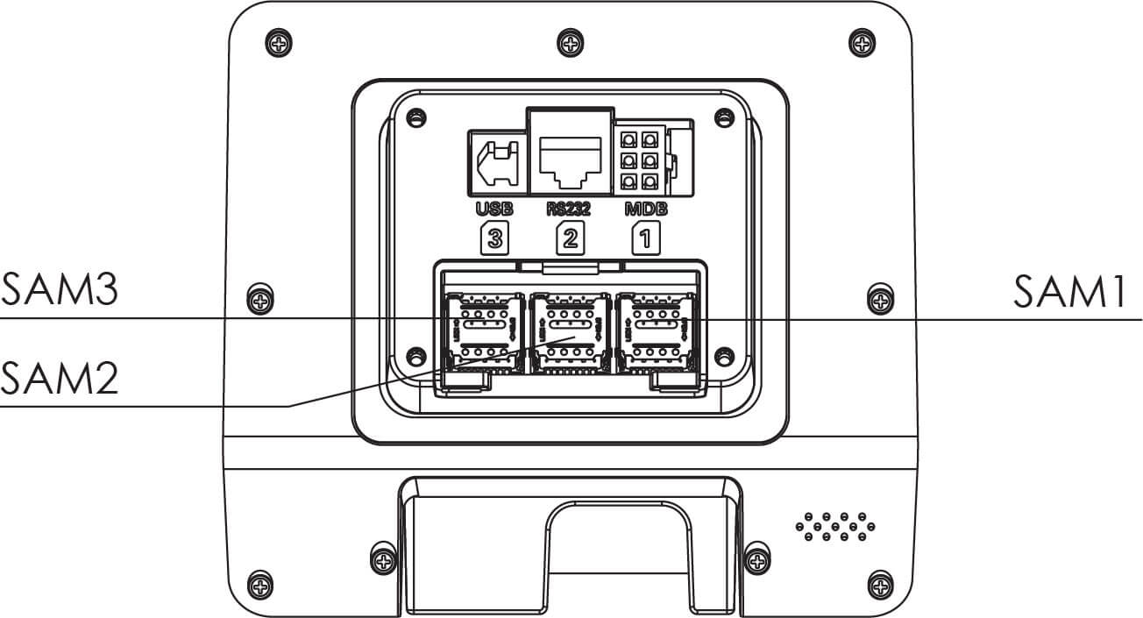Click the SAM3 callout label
[x=60, y=289]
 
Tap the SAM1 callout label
[x=1069, y=291]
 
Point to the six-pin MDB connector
[x=639, y=159]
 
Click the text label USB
[x=493, y=209]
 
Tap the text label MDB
[x=644, y=209]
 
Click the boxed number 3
[x=493, y=239]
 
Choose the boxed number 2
[x=570, y=239]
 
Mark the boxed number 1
[x=644, y=239]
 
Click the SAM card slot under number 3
[x=485, y=330]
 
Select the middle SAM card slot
[x=571, y=330]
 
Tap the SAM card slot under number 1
[x=657, y=330]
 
